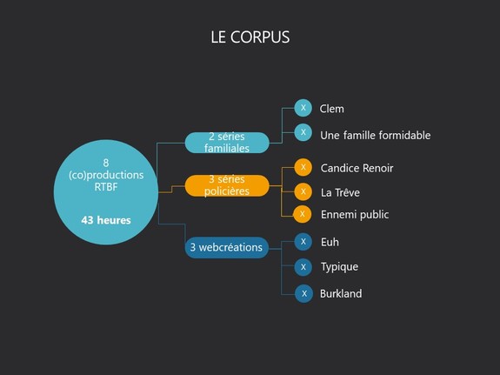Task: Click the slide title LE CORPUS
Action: click(250, 37)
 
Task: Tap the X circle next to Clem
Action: click(303, 108)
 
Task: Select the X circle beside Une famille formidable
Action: click(303, 132)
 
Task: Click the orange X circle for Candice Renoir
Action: click(303, 167)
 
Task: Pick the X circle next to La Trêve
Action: click(303, 191)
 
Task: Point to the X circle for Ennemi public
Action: click(303, 214)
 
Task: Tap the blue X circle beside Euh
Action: click(303, 242)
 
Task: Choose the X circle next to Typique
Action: click(303, 267)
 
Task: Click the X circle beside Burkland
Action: click(303, 293)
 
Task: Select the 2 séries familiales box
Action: click(227, 143)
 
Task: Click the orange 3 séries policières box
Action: click(227, 185)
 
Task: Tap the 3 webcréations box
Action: click(227, 247)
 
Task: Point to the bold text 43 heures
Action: click(106, 220)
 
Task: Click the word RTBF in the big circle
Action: click(106, 187)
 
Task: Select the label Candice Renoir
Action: click(357, 168)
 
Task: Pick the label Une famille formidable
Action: click(376, 136)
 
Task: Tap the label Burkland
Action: click(341, 293)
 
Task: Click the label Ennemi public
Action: click(355, 215)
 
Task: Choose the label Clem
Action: click(331, 109)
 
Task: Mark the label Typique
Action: click(340, 267)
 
